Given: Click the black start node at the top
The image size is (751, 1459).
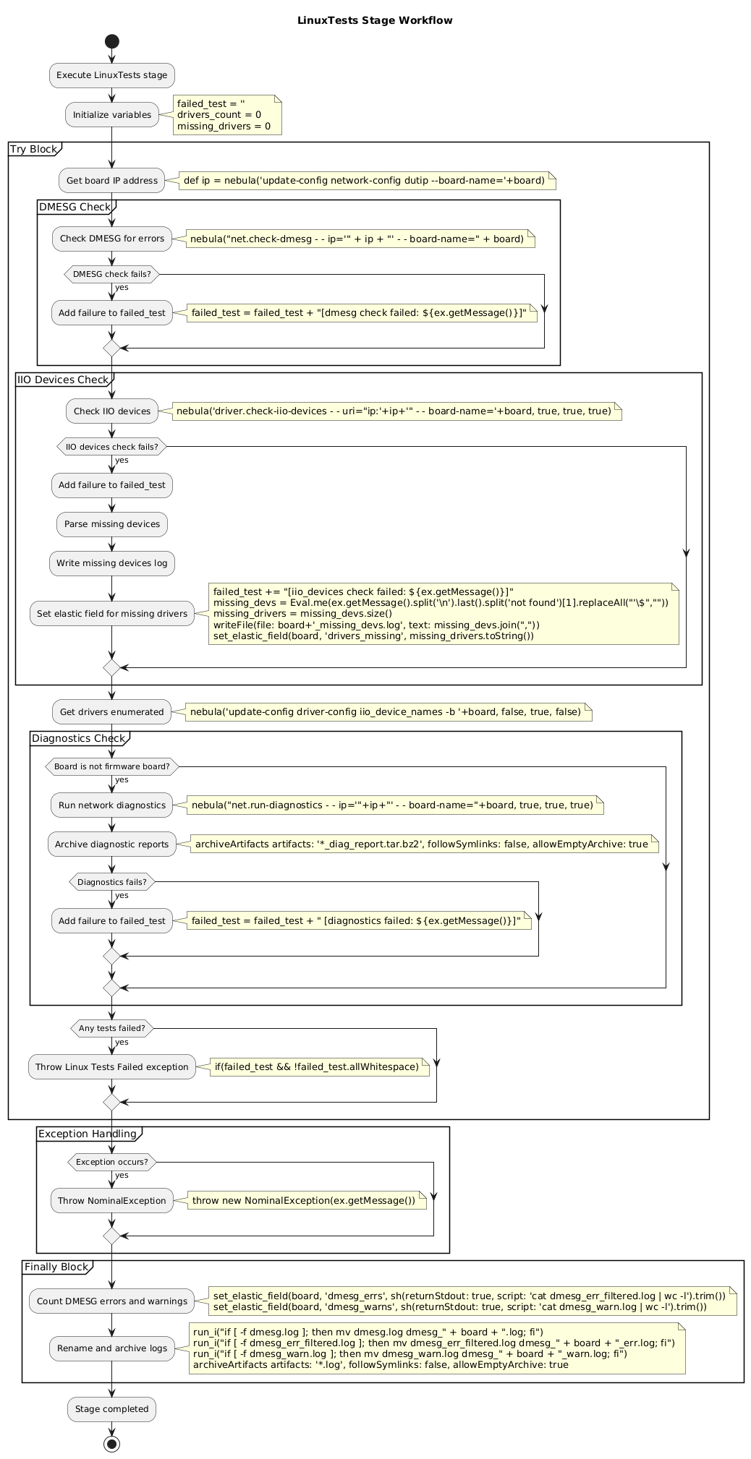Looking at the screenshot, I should pos(111,41).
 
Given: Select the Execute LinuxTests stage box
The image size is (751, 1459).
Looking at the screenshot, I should pos(112,75).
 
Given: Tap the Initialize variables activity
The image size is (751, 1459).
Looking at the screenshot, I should pos(112,114).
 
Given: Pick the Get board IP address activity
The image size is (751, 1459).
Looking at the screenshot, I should pos(112,180).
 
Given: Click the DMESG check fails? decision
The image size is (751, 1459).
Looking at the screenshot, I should pos(111,274).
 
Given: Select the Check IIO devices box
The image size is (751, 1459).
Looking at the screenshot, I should pos(112,411).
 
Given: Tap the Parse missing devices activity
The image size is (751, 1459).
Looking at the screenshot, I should pos(112,524).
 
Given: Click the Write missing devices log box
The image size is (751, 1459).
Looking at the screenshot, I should pos(112,563).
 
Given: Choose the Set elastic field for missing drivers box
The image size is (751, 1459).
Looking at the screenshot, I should pos(112,614).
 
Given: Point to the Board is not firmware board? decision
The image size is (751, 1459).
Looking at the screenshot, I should pos(111,766).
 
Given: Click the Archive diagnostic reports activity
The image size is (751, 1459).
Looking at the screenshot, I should pos(112,844).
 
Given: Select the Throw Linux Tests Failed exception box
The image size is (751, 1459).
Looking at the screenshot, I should pos(112,1066).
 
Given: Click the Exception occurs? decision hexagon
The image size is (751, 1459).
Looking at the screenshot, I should pos(111,1162).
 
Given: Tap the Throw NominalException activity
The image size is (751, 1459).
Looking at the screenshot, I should pos(112,1200).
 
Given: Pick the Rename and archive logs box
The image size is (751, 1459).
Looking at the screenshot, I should pos(112,1348).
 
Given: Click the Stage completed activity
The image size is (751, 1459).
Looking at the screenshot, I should pos(112,1408).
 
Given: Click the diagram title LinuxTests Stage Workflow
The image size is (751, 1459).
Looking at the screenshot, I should pos(375,20).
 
